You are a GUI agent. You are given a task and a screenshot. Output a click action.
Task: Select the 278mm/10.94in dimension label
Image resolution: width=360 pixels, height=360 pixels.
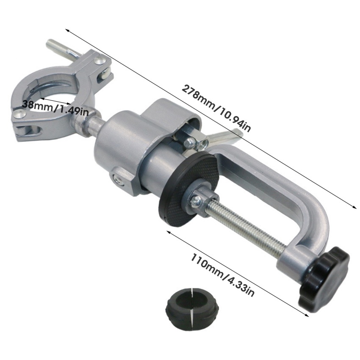point(216,108)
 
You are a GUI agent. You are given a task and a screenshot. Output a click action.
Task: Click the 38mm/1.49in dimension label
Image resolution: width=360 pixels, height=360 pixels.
point(55,108)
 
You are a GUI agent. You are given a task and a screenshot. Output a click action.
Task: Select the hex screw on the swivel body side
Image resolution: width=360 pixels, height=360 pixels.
point(119,179)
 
